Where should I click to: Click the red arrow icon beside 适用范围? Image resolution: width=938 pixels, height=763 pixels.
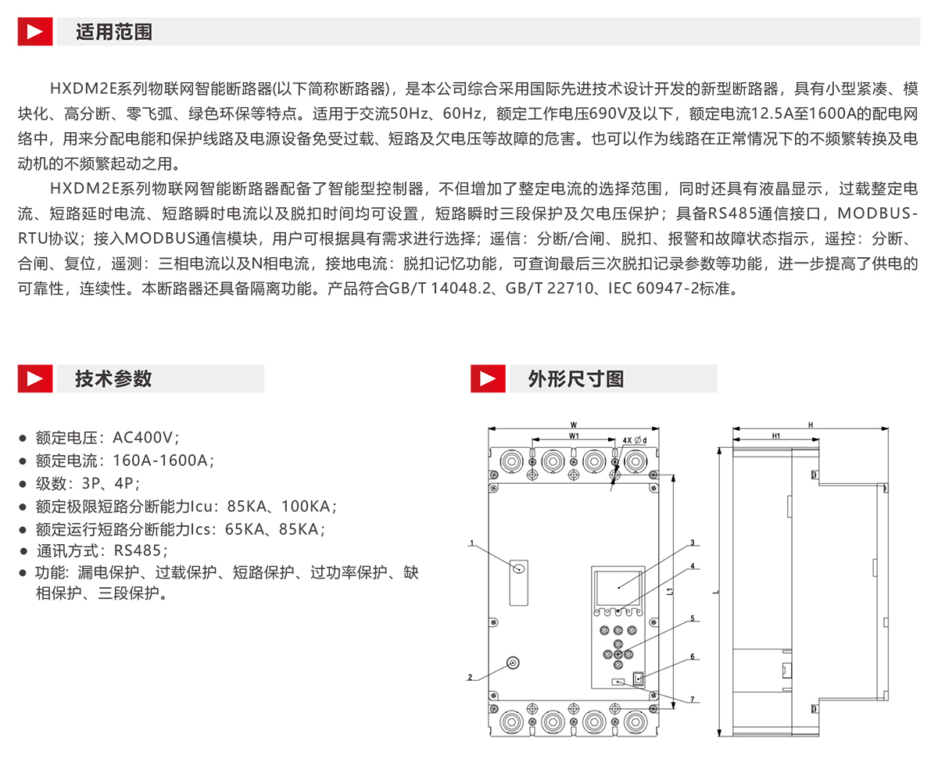[x=35, y=32]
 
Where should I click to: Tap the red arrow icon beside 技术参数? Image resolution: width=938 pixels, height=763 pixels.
[x=35, y=379]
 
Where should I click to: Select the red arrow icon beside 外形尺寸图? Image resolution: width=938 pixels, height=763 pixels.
[x=488, y=379]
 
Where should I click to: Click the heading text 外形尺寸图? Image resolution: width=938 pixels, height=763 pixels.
[x=576, y=379]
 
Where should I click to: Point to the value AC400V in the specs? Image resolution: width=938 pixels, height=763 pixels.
[x=146, y=438]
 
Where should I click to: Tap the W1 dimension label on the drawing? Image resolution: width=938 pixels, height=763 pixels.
[x=573, y=435]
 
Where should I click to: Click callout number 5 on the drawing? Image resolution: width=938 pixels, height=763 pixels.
[x=692, y=618]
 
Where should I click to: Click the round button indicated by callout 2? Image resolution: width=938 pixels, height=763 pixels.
[x=513, y=664]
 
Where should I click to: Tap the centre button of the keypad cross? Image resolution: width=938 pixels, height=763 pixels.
[x=618, y=653]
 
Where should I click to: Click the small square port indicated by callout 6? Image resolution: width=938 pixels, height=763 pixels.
[x=638, y=678]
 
